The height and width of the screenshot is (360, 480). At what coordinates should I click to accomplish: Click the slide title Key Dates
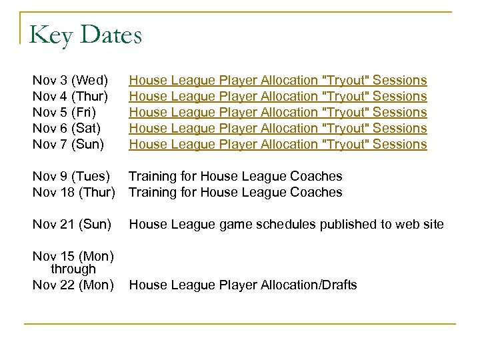coord(86,35)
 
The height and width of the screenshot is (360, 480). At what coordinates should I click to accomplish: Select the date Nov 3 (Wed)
coord(71,81)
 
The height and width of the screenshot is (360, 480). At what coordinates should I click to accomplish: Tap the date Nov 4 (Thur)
coord(71,97)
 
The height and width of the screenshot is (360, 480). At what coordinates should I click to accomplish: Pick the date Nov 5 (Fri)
coord(66,113)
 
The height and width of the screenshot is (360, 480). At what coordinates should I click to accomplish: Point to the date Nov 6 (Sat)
coord(67,128)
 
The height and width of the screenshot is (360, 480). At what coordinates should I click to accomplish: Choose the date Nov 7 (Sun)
coord(69,144)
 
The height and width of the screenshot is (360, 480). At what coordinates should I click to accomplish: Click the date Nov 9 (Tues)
coord(71,177)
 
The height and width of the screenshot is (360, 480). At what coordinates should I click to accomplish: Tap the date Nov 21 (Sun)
coord(72,225)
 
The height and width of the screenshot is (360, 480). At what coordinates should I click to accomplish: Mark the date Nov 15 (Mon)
coord(73,257)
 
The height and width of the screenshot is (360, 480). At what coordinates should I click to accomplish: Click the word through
coord(73,269)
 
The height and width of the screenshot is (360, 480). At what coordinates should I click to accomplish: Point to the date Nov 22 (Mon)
coord(73,285)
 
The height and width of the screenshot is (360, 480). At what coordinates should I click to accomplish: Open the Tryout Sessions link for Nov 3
coord(277,81)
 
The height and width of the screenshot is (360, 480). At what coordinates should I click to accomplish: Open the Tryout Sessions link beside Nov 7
coord(277,144)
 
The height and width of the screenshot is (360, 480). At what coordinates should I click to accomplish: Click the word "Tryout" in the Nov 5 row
coord(345,113)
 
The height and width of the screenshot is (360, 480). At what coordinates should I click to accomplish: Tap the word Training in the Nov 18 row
coord(152,193)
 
